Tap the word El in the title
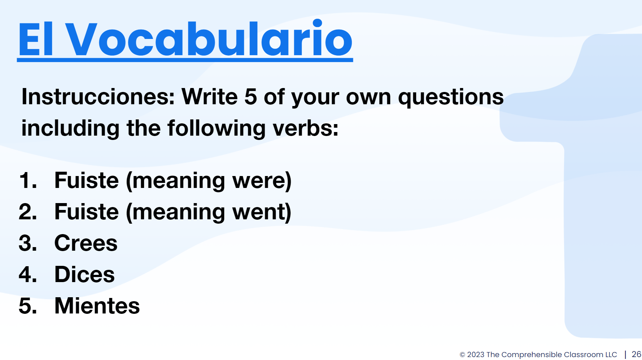tap(36, 39)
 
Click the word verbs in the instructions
tap(306, 128)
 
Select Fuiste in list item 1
tap(87, 180)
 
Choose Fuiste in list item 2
tap(87, 212)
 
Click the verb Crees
tap(86, 243)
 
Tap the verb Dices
tap(84, 275)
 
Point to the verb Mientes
tap(97, 306)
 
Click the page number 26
tap(636, 354)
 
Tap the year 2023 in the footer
tap(476, 355)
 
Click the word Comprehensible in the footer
tap(532, 355)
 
